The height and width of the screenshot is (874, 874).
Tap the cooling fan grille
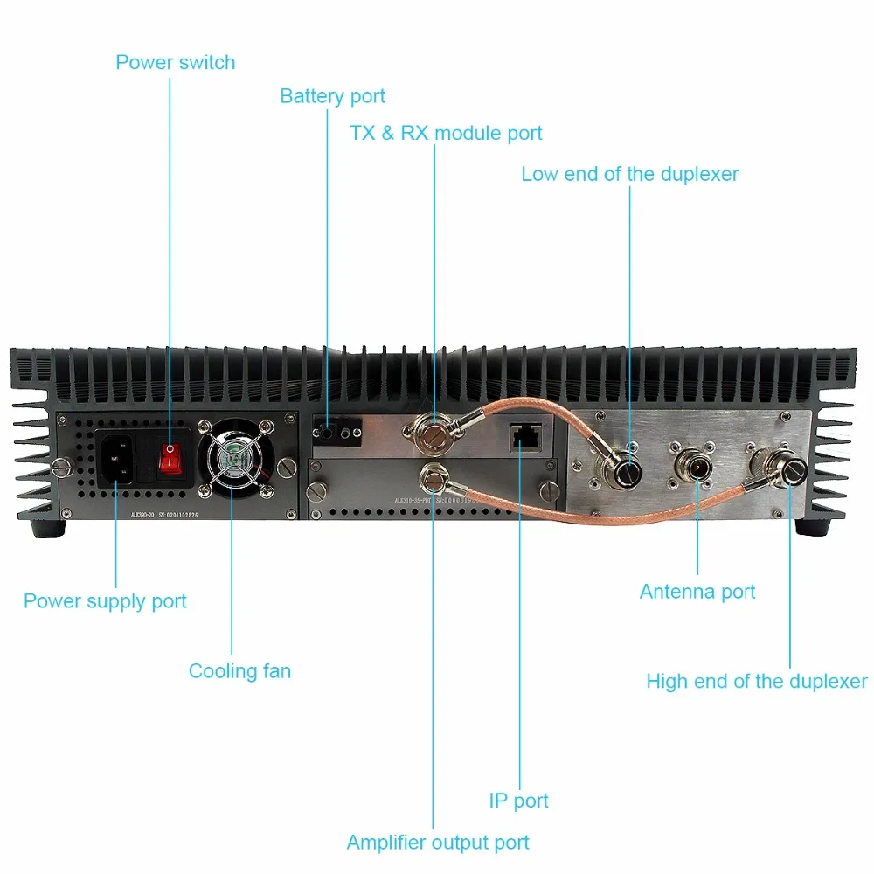(233, 464)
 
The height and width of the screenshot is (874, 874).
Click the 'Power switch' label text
(175, 63)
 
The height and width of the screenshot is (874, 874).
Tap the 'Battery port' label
(332, 96)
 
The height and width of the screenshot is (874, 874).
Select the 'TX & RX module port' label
(446, 134)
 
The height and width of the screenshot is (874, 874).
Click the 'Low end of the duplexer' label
(629, 174)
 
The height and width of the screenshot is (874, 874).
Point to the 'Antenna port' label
(697, 592)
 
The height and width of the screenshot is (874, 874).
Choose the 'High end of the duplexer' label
(756, 681)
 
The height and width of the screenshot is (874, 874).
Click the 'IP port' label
(518, 801)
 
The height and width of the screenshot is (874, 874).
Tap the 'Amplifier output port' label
(438, 843)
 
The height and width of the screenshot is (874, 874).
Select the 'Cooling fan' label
(239, 671)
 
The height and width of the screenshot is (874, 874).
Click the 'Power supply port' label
(105, 601)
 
